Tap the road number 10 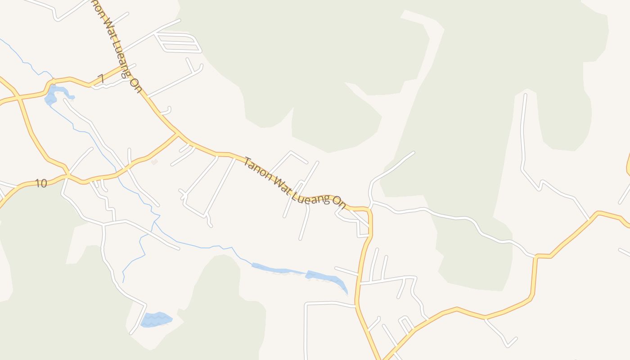41,183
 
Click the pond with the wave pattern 156,319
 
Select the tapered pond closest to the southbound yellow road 328,279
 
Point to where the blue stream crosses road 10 118,173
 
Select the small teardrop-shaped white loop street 406,323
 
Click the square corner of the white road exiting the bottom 306,304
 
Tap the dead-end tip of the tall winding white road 525,95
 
